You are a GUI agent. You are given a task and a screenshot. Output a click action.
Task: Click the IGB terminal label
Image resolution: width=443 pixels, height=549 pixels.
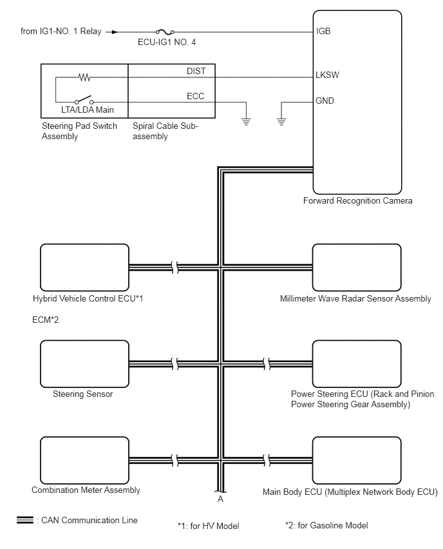pos(323,31)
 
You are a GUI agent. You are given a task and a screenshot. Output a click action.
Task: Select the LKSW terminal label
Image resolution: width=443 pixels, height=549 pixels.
pos(327,75)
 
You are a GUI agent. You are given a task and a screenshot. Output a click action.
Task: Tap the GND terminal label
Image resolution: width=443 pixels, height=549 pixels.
pos(325,101)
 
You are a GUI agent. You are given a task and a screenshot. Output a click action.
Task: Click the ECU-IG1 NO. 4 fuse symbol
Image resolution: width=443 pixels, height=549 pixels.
pos(165,32)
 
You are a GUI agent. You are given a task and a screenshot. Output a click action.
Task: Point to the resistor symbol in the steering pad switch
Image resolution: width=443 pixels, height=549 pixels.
pos(84,77)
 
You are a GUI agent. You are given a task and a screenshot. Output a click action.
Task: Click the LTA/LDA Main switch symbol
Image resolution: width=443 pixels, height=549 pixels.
pos(84,100)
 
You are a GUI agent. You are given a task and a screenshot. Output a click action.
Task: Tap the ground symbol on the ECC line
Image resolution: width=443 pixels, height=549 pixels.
pos(247,122)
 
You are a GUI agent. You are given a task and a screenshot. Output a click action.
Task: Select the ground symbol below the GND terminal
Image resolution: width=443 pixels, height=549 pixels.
pos(281,122)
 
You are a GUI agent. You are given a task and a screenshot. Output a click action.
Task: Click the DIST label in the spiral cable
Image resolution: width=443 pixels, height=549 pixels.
pos(196,71)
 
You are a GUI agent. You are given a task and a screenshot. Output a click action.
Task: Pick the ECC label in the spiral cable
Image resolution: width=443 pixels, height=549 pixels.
pos(195,96)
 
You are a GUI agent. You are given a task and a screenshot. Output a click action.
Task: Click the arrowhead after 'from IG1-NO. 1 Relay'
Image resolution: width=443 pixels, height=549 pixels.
pos(115,32)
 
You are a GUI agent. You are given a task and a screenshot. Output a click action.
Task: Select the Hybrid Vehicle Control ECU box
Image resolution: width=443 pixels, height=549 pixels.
pos(85,267)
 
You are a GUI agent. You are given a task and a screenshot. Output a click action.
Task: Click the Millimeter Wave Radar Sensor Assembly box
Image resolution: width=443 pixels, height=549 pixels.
pos(357,267)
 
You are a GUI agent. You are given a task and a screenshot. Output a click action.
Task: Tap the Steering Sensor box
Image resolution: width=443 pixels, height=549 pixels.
pos(85,364)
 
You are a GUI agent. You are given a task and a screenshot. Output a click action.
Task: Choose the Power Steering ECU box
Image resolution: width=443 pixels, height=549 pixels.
pos(357,364)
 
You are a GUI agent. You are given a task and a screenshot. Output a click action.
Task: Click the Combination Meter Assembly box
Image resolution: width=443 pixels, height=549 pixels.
pos(85,461)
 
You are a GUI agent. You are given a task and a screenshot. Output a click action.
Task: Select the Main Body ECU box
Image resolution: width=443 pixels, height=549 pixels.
pos(357,461)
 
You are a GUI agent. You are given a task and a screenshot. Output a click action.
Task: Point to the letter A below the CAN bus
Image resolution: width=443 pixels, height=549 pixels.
pos(220,499)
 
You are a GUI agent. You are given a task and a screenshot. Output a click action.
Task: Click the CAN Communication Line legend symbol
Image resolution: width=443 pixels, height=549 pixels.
pos(25,520)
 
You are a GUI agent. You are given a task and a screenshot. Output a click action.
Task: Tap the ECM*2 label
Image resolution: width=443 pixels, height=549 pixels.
pos(46,320)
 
